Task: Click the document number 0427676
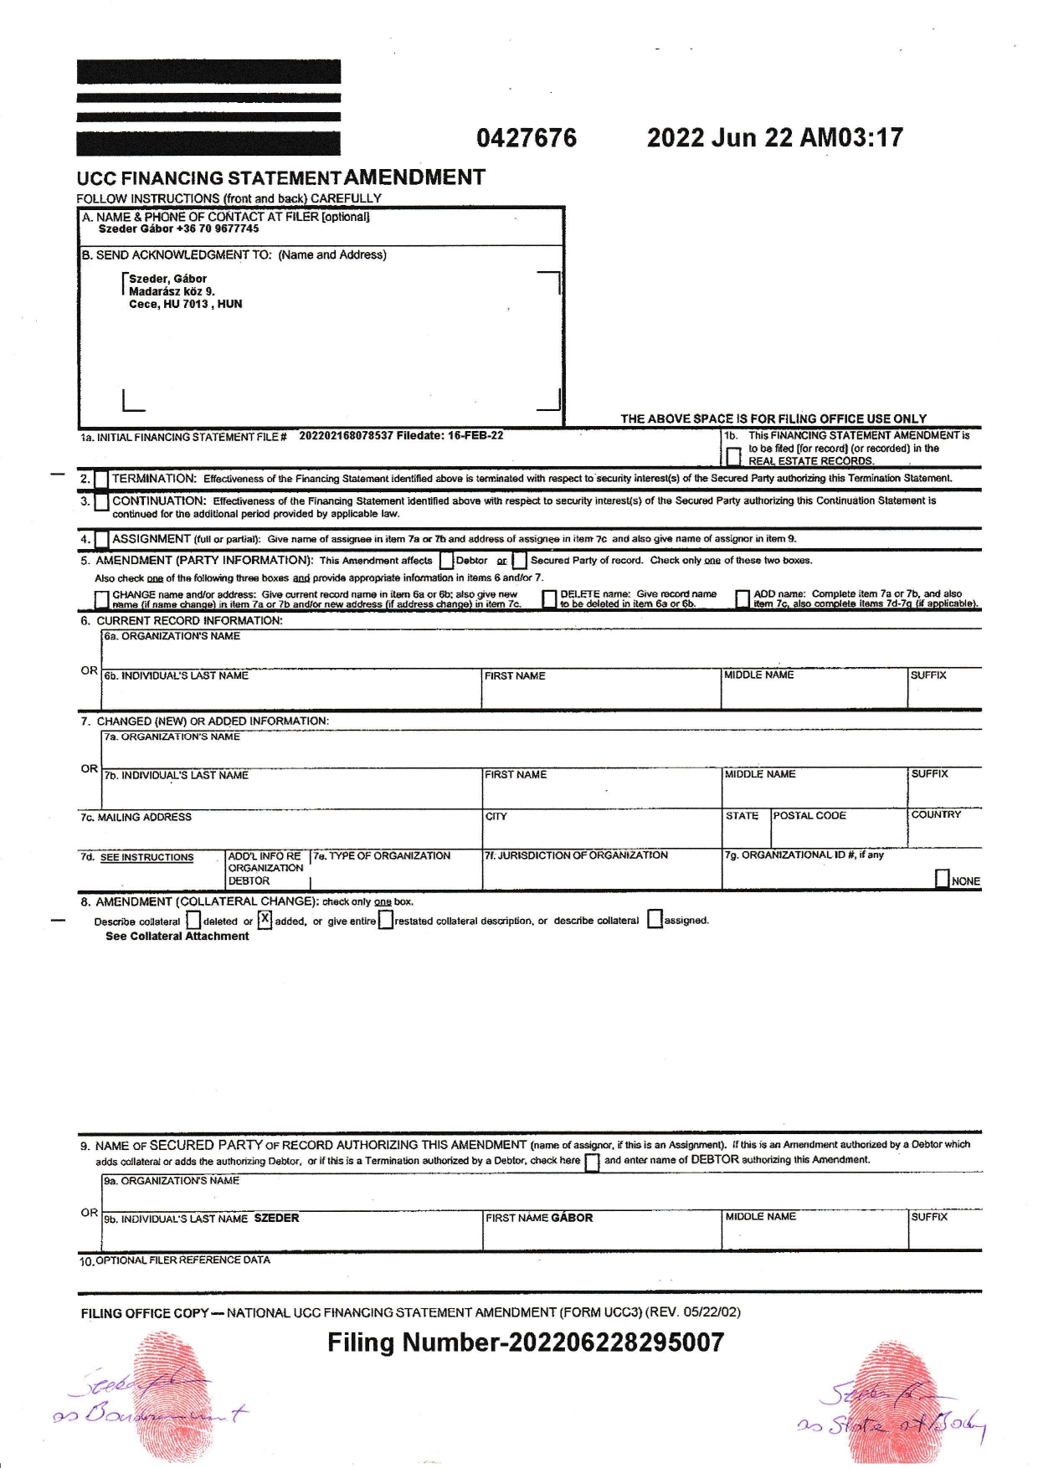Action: click(527, 138)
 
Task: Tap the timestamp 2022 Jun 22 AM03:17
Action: click(774, 138)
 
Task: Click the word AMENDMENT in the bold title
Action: click(414, 177)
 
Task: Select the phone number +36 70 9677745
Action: click(218, 228)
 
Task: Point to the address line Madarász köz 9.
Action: click(172, 291)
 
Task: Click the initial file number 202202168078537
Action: click(346, 436)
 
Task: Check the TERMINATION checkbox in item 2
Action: click(101, 480)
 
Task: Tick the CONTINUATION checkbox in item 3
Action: click(101, 502)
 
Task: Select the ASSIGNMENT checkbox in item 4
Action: click(101, 540)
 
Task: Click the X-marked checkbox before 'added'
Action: click(265, 921)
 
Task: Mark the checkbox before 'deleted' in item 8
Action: click(193, 921)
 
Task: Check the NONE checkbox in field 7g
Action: click(943, 879)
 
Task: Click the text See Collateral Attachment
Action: click(177, 937)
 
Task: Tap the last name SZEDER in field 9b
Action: click(276, 1219)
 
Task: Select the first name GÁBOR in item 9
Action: click(572, 1219)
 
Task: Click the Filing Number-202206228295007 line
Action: click(526, 1343)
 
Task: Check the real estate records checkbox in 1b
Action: click(733, 456)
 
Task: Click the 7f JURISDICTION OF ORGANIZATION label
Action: click(576, 855)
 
